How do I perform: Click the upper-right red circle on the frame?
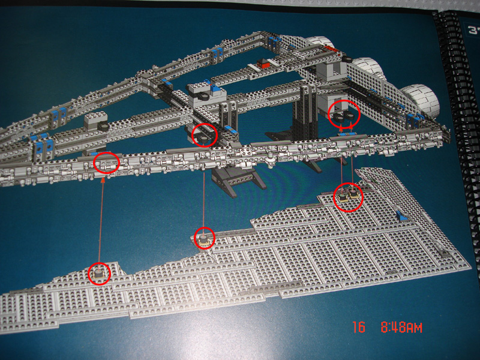tap(344, 114)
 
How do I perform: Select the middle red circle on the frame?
tap(205, 134)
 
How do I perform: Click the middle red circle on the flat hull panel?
tap(205, 239)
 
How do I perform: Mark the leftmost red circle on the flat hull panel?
tap(98, 274)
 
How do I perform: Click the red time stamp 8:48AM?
tap(401, 328)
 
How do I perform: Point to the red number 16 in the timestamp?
tap(359, 328)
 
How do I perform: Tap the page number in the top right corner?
tap(473, 29)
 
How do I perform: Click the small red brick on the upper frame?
tap(263, 62)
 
